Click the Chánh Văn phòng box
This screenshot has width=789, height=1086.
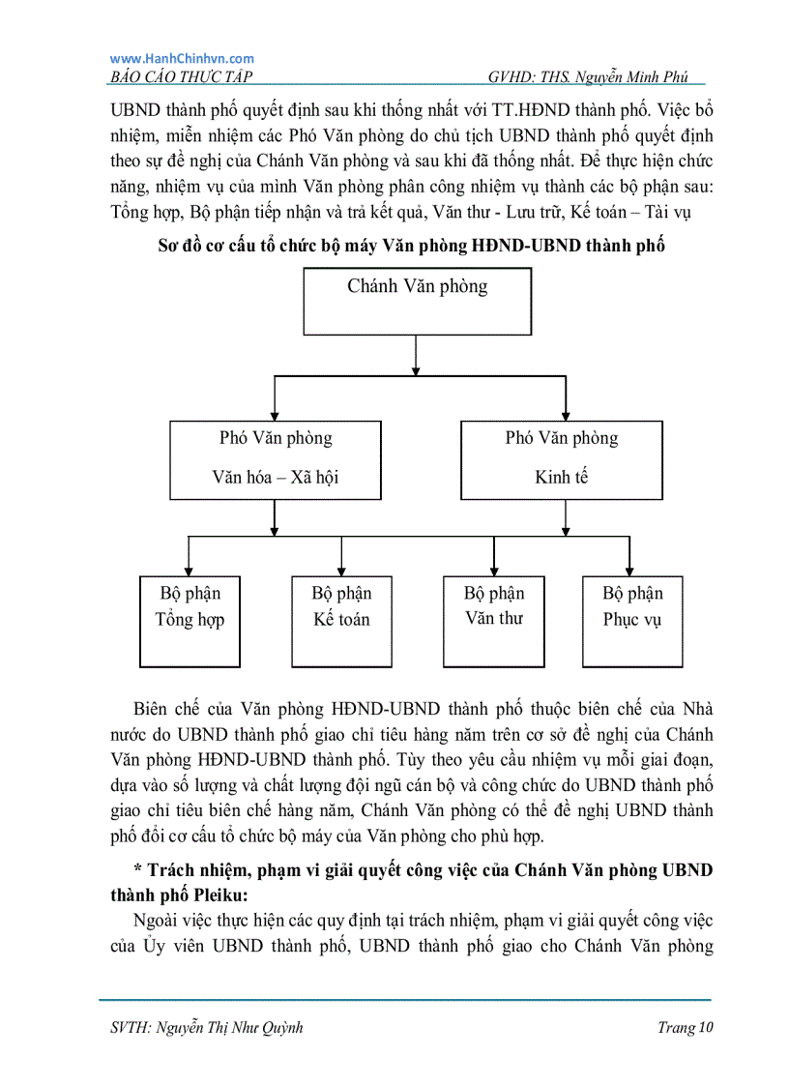[x=417, y=301]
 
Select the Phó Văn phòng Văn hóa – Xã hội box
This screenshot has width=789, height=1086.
[x=276, y=458]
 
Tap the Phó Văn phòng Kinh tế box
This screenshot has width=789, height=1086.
[x=561, y=458]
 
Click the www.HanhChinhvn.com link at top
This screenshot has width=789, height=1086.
[x=182, y=59]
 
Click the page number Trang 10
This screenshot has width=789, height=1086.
[x=685, y=1028]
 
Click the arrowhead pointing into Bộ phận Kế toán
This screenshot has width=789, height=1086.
[x=341, y=570]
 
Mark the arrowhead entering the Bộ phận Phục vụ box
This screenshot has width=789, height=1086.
[x=629, y=570]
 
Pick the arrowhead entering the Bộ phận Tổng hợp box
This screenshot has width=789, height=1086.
[x=189, y=570]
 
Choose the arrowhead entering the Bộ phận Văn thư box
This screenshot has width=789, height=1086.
[x=494, y=570]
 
